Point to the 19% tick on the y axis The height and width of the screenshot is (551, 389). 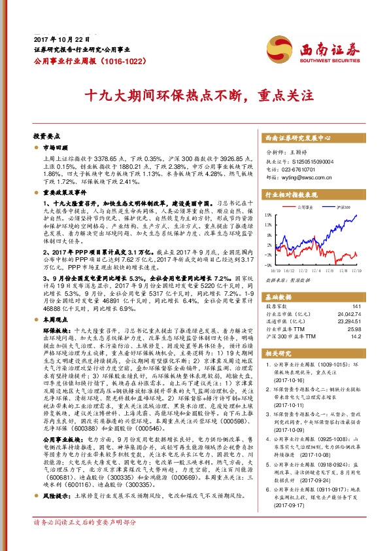(x=268, y=215)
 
